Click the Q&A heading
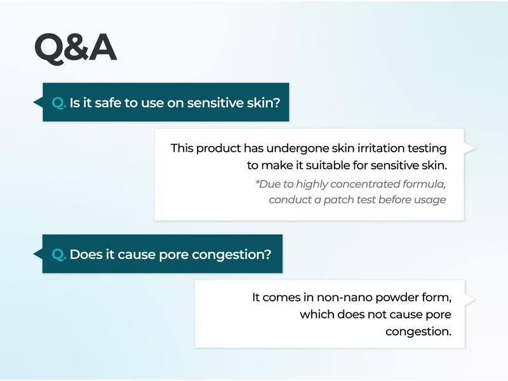point(76,48)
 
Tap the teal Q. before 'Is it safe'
point(59,103)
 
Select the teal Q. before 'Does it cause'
point(59,255)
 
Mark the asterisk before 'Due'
point(257,182)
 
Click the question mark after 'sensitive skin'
point(276,103)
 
